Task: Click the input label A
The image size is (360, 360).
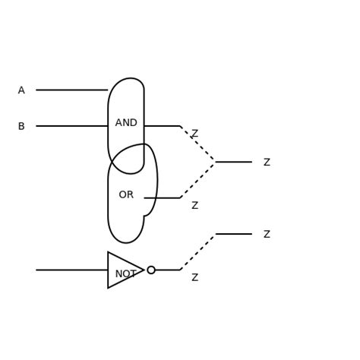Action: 21,90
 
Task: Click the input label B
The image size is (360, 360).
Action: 21,126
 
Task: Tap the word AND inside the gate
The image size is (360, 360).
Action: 126,123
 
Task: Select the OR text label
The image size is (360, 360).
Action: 126,195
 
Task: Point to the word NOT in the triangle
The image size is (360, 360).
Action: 125,274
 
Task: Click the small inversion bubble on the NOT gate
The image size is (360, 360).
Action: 151,270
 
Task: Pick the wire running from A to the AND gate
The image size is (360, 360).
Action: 71,90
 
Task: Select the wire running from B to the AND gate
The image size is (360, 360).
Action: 71,126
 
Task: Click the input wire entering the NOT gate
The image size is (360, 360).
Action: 71,270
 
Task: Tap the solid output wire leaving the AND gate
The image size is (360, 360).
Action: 162,126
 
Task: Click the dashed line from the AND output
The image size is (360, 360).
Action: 197,144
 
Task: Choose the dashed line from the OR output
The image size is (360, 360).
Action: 197,180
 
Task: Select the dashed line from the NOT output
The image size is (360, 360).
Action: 197,252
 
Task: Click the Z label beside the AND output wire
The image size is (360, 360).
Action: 194,134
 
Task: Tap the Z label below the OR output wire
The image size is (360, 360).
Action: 194,206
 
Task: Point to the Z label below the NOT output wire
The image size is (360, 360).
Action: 194,278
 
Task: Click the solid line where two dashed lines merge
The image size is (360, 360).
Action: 233,162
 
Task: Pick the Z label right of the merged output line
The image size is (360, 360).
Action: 267,163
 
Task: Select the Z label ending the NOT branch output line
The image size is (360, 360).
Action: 267,235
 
